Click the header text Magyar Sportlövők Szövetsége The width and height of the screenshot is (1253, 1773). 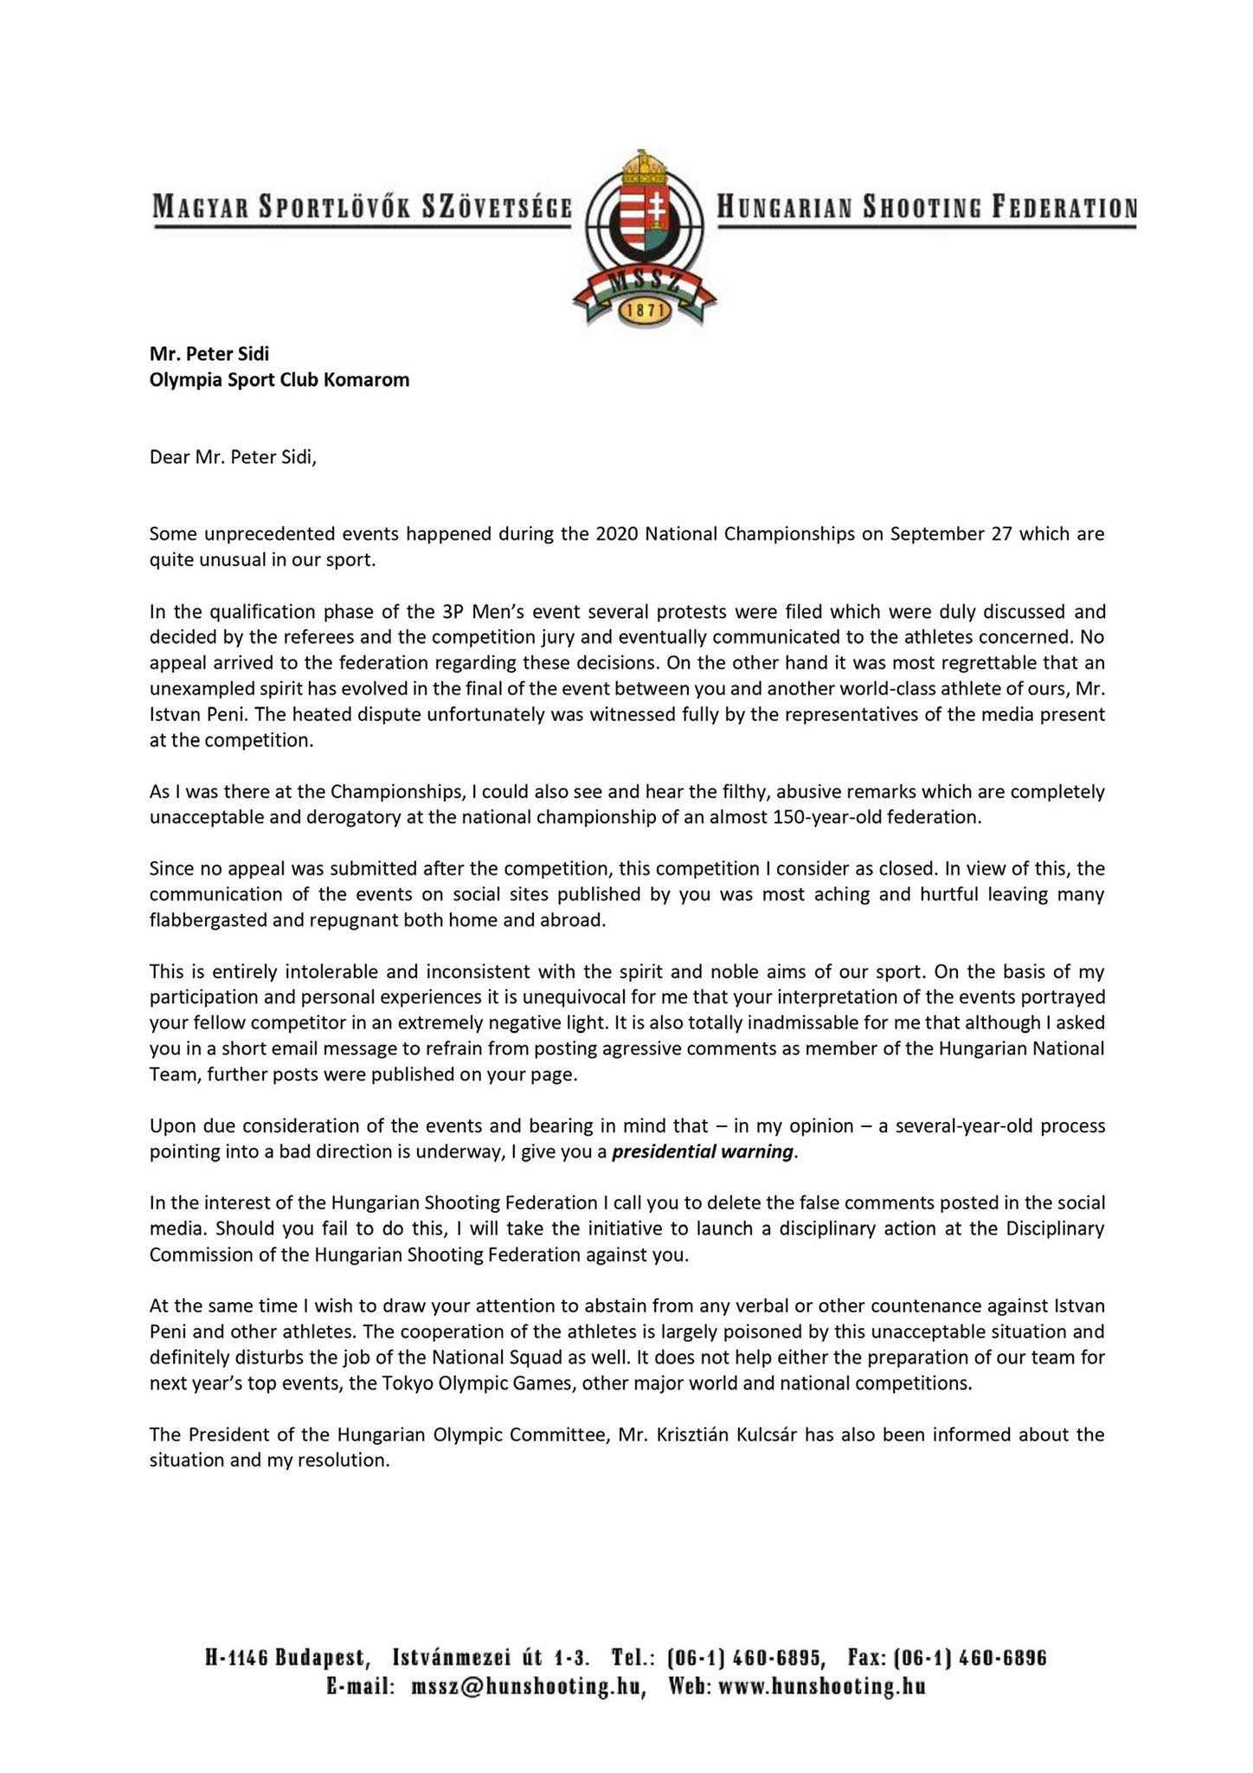click(x=363, y=208)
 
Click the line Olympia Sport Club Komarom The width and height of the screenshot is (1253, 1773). click(x=280, y=379)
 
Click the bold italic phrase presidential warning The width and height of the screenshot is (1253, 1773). click(x=702, y=1152)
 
